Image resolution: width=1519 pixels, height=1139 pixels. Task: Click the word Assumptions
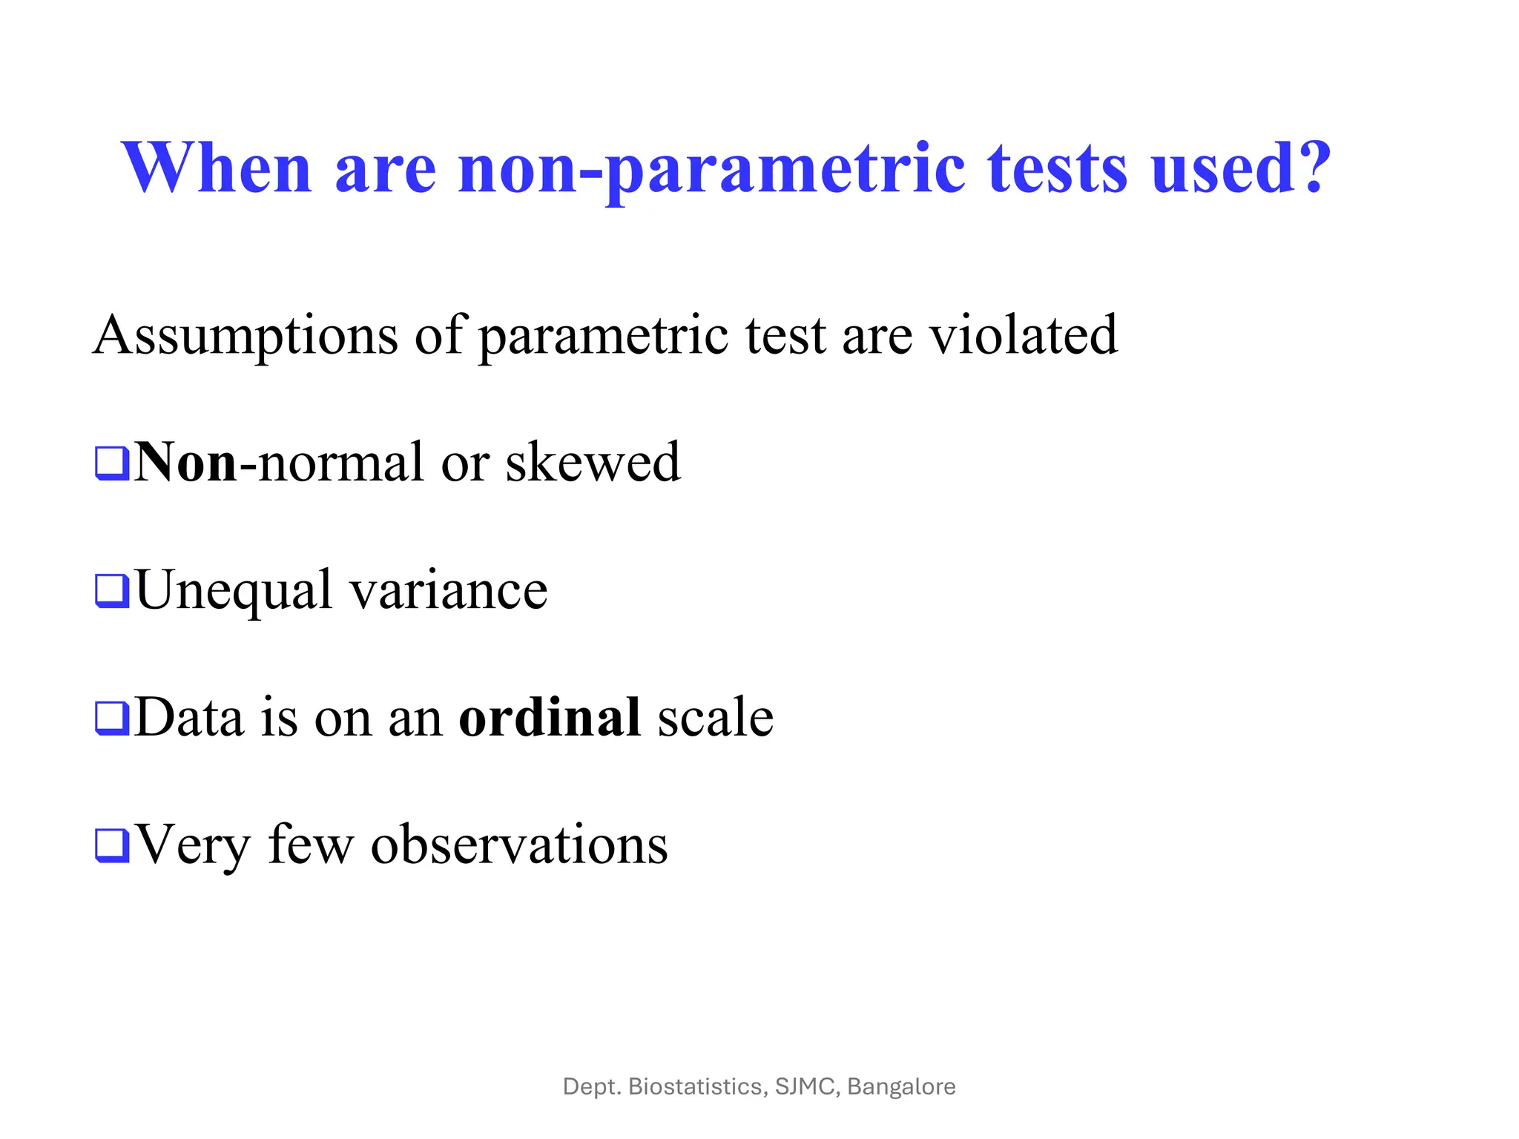tap(246, 336)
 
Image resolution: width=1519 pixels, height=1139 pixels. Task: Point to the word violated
tap(1024, 334)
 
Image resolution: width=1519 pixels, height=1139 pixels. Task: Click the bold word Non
tap(186, 463)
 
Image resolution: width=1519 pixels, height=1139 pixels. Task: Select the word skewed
tap(593, 463)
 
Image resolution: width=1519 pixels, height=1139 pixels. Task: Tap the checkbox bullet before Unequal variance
tap(112, 590)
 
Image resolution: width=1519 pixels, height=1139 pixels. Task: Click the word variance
tap(448, 592)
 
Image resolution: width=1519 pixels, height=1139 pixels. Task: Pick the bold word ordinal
tap(550, 718)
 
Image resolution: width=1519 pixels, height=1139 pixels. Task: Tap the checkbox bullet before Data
tap(112, 718)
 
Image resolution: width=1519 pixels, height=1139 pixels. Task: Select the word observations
tap(519, 845)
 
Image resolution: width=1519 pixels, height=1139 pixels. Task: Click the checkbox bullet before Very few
tap(112, 845)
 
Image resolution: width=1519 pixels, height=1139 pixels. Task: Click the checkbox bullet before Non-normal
tap(112, 463)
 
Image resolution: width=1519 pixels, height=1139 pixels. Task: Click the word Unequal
tap(234, 592)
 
